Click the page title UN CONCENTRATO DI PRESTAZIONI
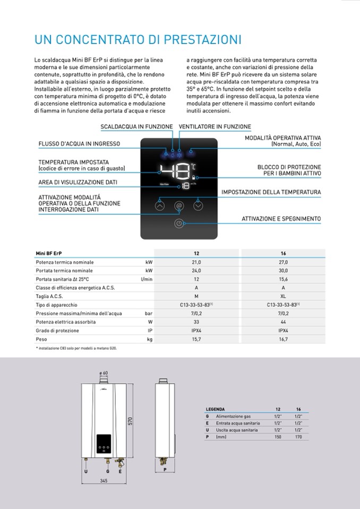tap(138, 40)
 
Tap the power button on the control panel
tap(179, 223)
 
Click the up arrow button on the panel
tap(159, 205)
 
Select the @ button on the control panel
tap(179, 205)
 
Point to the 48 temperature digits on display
tap(174, 171)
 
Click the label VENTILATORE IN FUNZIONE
tap(215, 127)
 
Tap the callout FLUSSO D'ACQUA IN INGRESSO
tap(79, 144)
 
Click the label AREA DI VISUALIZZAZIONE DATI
tap(78, 182)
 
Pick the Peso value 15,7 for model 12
tap(196, 339)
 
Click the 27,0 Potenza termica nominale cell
tap(283, 262)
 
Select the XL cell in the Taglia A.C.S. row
tap(283, 296)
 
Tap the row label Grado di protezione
tap(57, 330)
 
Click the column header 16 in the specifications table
tap(283, 254)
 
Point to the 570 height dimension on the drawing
tap(130, 421)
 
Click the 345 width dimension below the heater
tap(104, 481)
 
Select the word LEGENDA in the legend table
tap(215, 409)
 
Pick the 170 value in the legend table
tap(298, 436)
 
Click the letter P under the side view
tap(165, 470)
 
